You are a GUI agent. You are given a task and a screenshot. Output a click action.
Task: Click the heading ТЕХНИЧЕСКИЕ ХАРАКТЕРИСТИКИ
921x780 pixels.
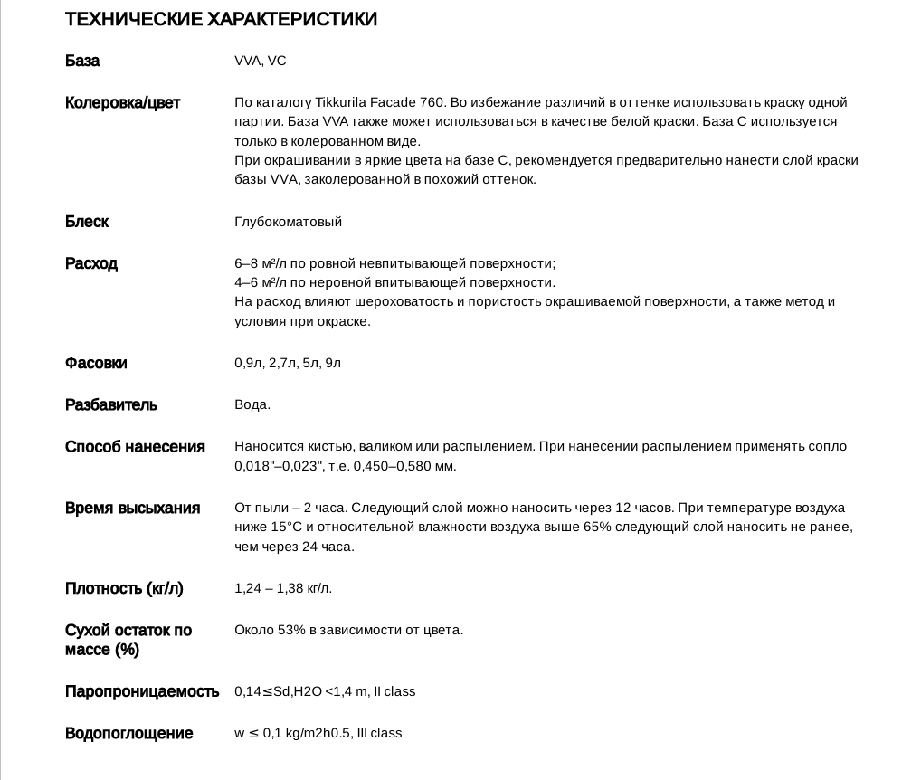pyautogui.click(x=221, y=19)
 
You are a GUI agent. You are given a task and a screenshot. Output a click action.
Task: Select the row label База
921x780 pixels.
pyautogui.click(x=82, y=61)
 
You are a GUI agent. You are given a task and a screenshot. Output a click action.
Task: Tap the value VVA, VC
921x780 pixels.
pyautogui.click(x=260, y=61)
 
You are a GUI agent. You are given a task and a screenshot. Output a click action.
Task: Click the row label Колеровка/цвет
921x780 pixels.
pyautogui.click(x=122, y=102)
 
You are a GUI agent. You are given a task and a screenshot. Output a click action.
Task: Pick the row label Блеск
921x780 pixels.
pyautogui.click(x=87, y=222)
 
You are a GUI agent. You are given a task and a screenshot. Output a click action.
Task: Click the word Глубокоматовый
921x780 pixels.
pyautogui.click(x=288, y=222)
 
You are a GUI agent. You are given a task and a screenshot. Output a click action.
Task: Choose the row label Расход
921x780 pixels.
pyautogui.click(x=91, y=263)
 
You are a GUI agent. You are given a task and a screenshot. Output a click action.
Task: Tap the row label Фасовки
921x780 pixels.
pyautogui.click(x=96, y=363)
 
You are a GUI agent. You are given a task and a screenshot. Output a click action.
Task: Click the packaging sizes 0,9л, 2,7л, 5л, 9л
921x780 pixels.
pyautogui.click(x=288, y=363)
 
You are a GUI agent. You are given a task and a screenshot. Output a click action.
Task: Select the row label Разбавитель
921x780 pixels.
pyautogui.click(x=111, y=404)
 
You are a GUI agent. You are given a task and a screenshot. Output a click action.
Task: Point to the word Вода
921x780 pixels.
pyautogui.click(x=252, y=404)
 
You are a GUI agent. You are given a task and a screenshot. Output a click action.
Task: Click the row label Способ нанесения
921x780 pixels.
pyautogui.click(x=135, y=446)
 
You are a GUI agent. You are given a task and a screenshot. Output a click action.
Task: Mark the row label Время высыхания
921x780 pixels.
pyautogui.click(x=132, y=508)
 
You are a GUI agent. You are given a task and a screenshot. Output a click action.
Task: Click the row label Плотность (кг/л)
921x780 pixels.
pyautogui.click(x=124, y=588)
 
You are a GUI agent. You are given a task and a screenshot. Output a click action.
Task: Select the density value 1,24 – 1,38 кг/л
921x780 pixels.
pyautogui.click(x=283, y=588)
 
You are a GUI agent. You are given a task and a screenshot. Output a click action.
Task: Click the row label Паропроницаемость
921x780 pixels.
pyautogui.click(x=142, y=691)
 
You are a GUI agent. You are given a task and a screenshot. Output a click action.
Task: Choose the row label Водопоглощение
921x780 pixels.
pyautogui.click(x=129, y=733)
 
